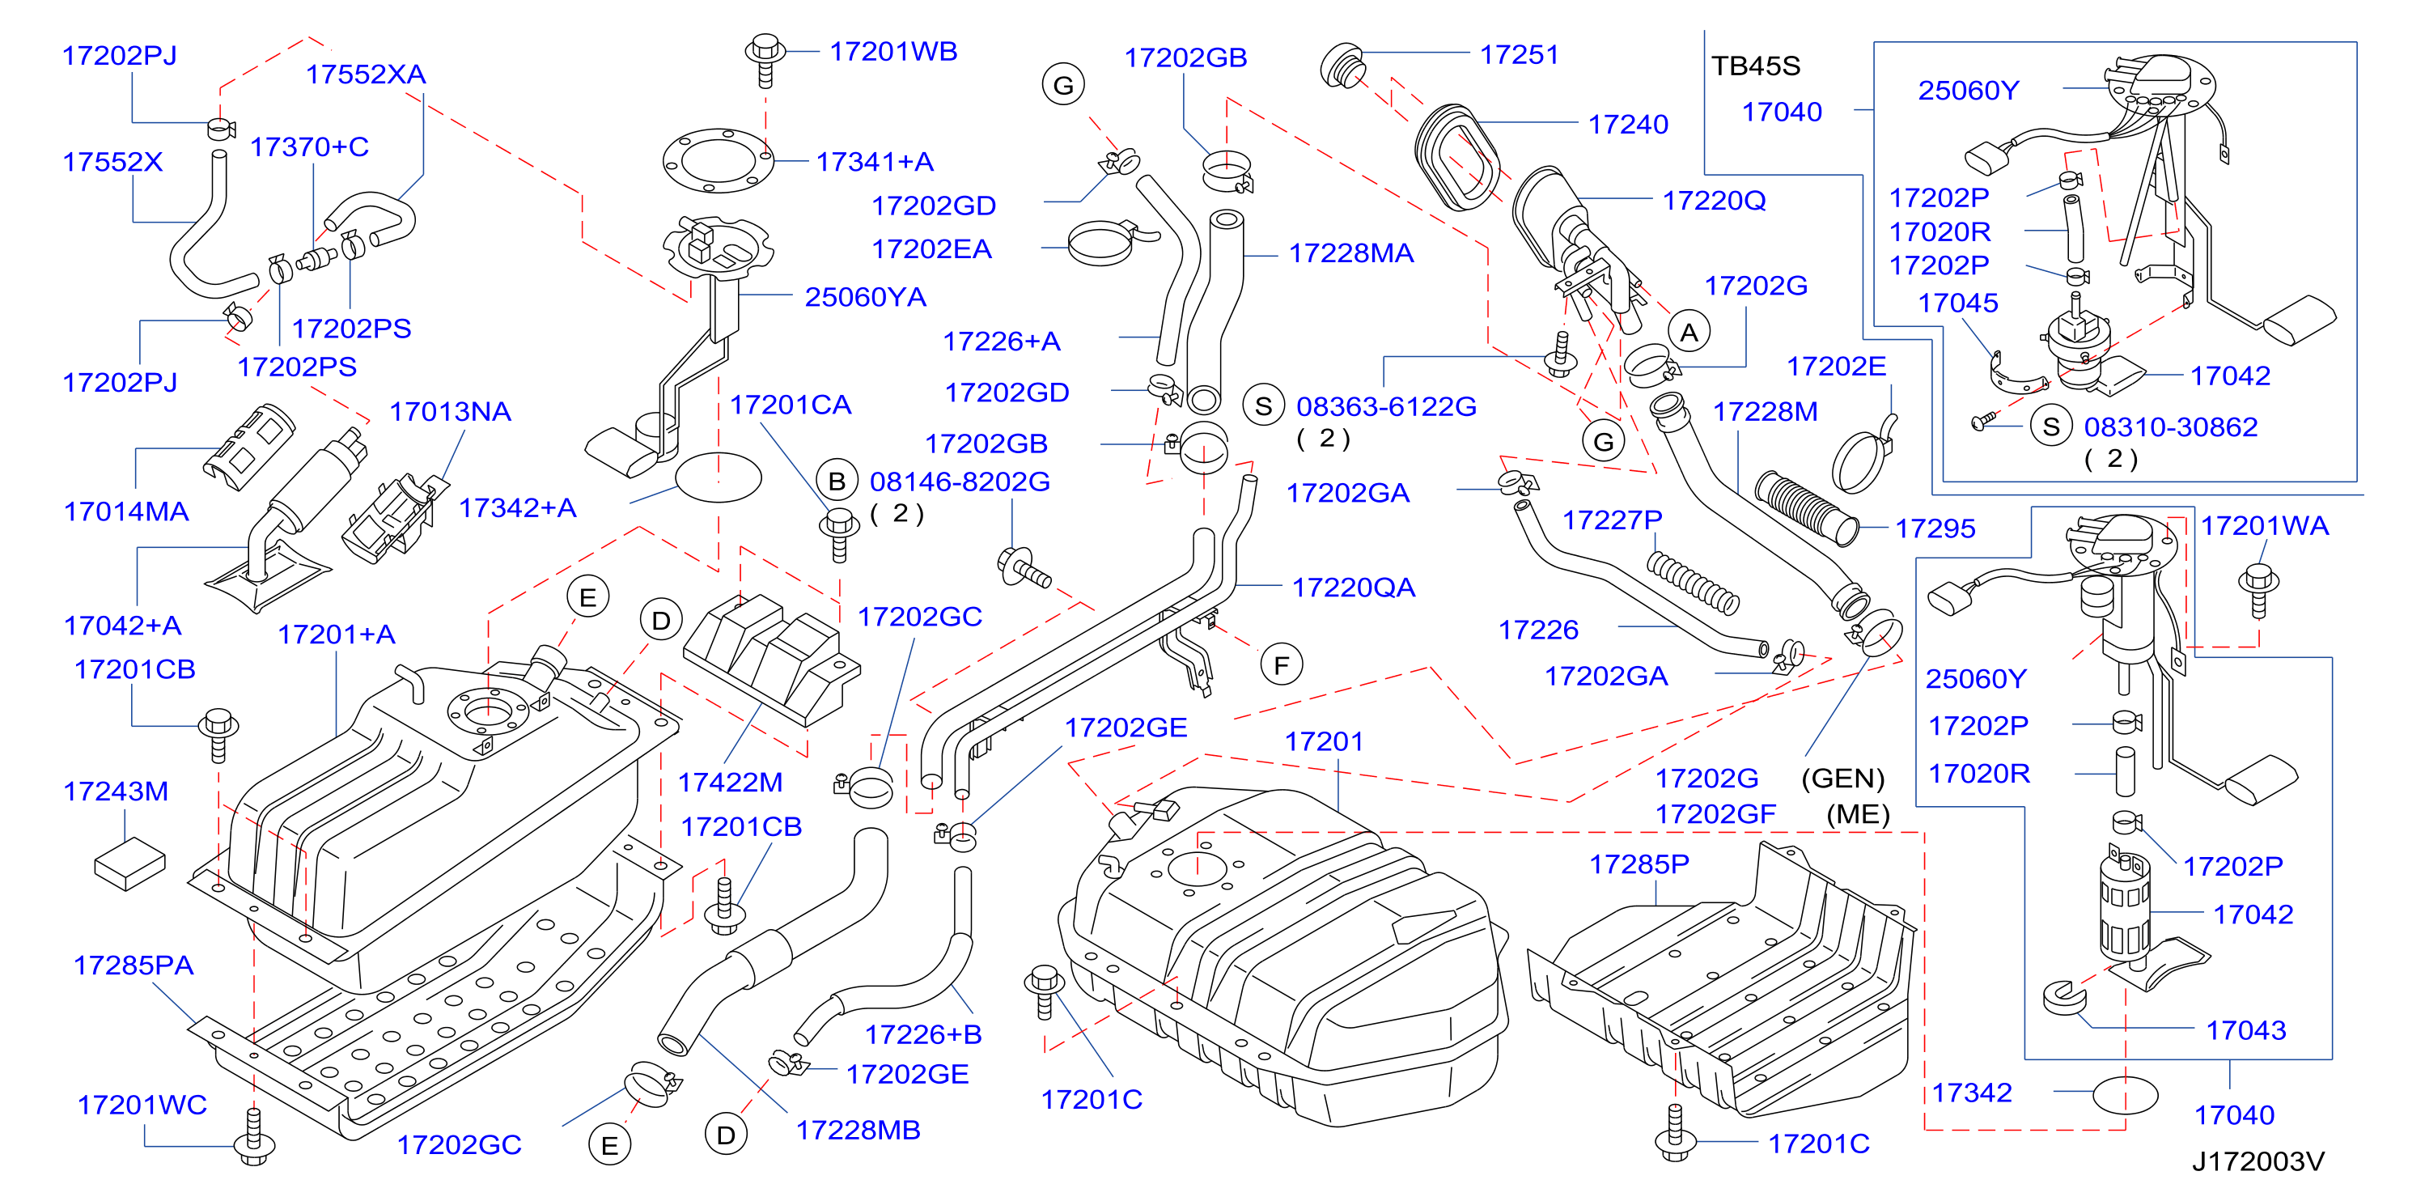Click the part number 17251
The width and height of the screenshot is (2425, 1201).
tap(1519, 54)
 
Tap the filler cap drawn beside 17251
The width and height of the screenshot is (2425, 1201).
tap(1343, 64)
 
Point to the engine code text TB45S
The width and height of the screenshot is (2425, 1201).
tap(1756, 66)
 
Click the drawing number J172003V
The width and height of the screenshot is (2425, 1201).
tap(2258, 1161)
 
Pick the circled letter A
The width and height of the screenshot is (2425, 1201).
tap(1689, 333)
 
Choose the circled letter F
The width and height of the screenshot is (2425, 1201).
tap(1281, 665)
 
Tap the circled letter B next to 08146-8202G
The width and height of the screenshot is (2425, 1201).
tap(836, 481)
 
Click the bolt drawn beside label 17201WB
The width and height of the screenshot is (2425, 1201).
tap(765, 60)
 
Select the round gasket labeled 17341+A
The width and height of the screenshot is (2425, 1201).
tap(719, 161)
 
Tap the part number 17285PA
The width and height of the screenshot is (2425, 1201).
tap(134, 965)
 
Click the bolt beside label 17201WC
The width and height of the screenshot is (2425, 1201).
tap(253, 1137)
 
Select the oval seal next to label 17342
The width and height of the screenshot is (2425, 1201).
tap(2125, 1096)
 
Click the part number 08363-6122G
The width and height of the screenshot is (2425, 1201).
tap(1386, 406)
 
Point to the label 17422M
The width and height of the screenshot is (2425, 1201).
tap(731, 782)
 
